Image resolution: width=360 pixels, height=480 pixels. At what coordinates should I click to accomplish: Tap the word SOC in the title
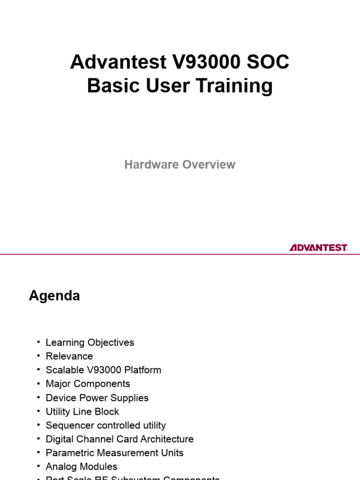[269, 62]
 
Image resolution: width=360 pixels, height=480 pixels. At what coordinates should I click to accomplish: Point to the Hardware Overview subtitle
[180, 165]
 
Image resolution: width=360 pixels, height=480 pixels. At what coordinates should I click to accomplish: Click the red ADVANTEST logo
[318, 247]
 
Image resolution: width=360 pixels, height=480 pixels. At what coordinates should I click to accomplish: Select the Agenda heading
[54, 296]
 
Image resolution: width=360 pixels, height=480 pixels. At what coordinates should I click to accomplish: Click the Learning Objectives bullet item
[90, 343]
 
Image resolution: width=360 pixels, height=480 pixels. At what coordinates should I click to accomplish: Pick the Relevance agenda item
[69, 356]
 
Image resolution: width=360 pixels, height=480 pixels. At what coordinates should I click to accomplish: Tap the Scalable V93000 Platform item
[103, 370]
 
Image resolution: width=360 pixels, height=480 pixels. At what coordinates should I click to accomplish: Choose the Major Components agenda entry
[88, 384]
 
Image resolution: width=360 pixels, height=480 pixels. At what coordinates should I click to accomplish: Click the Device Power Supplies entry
[97, 398]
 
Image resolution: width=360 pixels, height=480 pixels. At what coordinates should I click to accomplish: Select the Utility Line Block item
[82, 412]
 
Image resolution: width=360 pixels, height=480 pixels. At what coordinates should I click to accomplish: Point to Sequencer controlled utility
[105, 426]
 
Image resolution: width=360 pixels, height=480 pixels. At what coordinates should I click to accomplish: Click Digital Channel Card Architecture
[120, 439]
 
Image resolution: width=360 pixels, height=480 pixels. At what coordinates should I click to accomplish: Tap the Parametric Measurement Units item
[114, 453]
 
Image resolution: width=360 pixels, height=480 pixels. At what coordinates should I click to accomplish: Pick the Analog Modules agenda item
[82, 467]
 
